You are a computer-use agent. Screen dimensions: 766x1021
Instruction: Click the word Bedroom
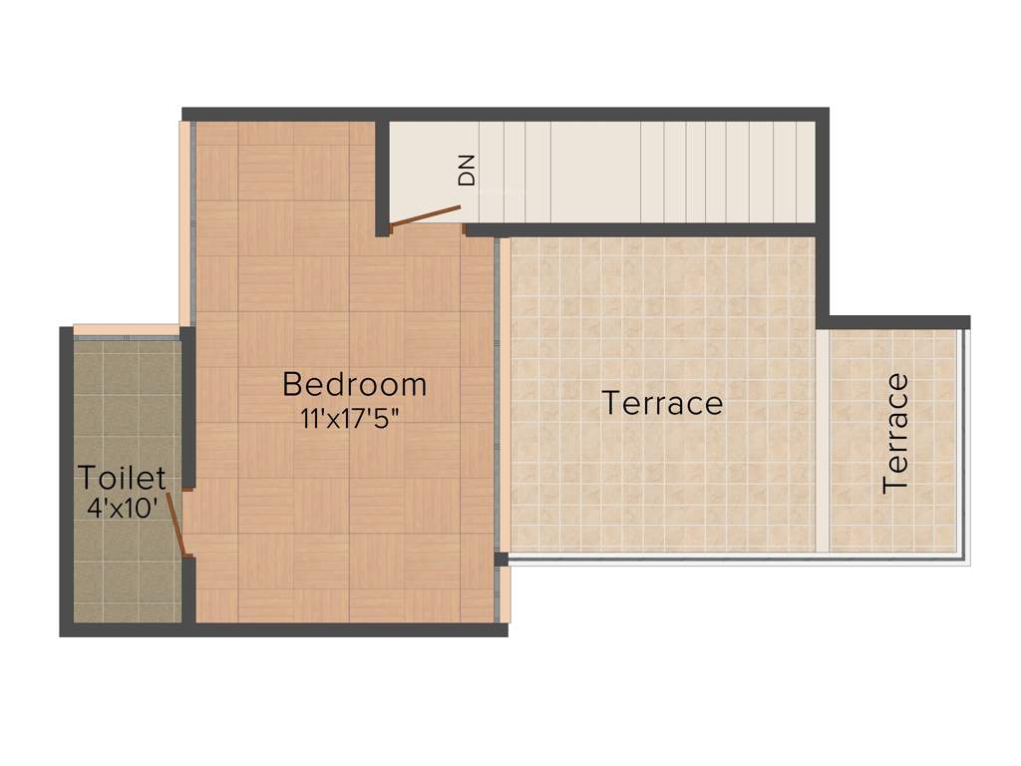click(x=354, y=384)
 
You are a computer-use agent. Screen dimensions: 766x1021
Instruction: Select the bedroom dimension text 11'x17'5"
click(x=354, y=418)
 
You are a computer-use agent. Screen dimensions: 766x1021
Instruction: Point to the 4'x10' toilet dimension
click(x=123, y=508)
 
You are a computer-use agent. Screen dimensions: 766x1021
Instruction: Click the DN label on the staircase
click(x=467, y=171)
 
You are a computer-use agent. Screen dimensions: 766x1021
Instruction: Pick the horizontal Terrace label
click(x=662, y=404)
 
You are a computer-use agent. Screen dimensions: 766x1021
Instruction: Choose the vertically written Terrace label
click(x=895, y=433)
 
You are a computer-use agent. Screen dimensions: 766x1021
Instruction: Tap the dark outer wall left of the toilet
click(x=66, y=479)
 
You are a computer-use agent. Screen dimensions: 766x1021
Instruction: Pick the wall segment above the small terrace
click(x=897, y=322)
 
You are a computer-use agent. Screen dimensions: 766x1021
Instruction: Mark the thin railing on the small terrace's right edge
click(x=964, y=444)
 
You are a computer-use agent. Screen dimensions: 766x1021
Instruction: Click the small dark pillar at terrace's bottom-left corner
click(x=502, y=559)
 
